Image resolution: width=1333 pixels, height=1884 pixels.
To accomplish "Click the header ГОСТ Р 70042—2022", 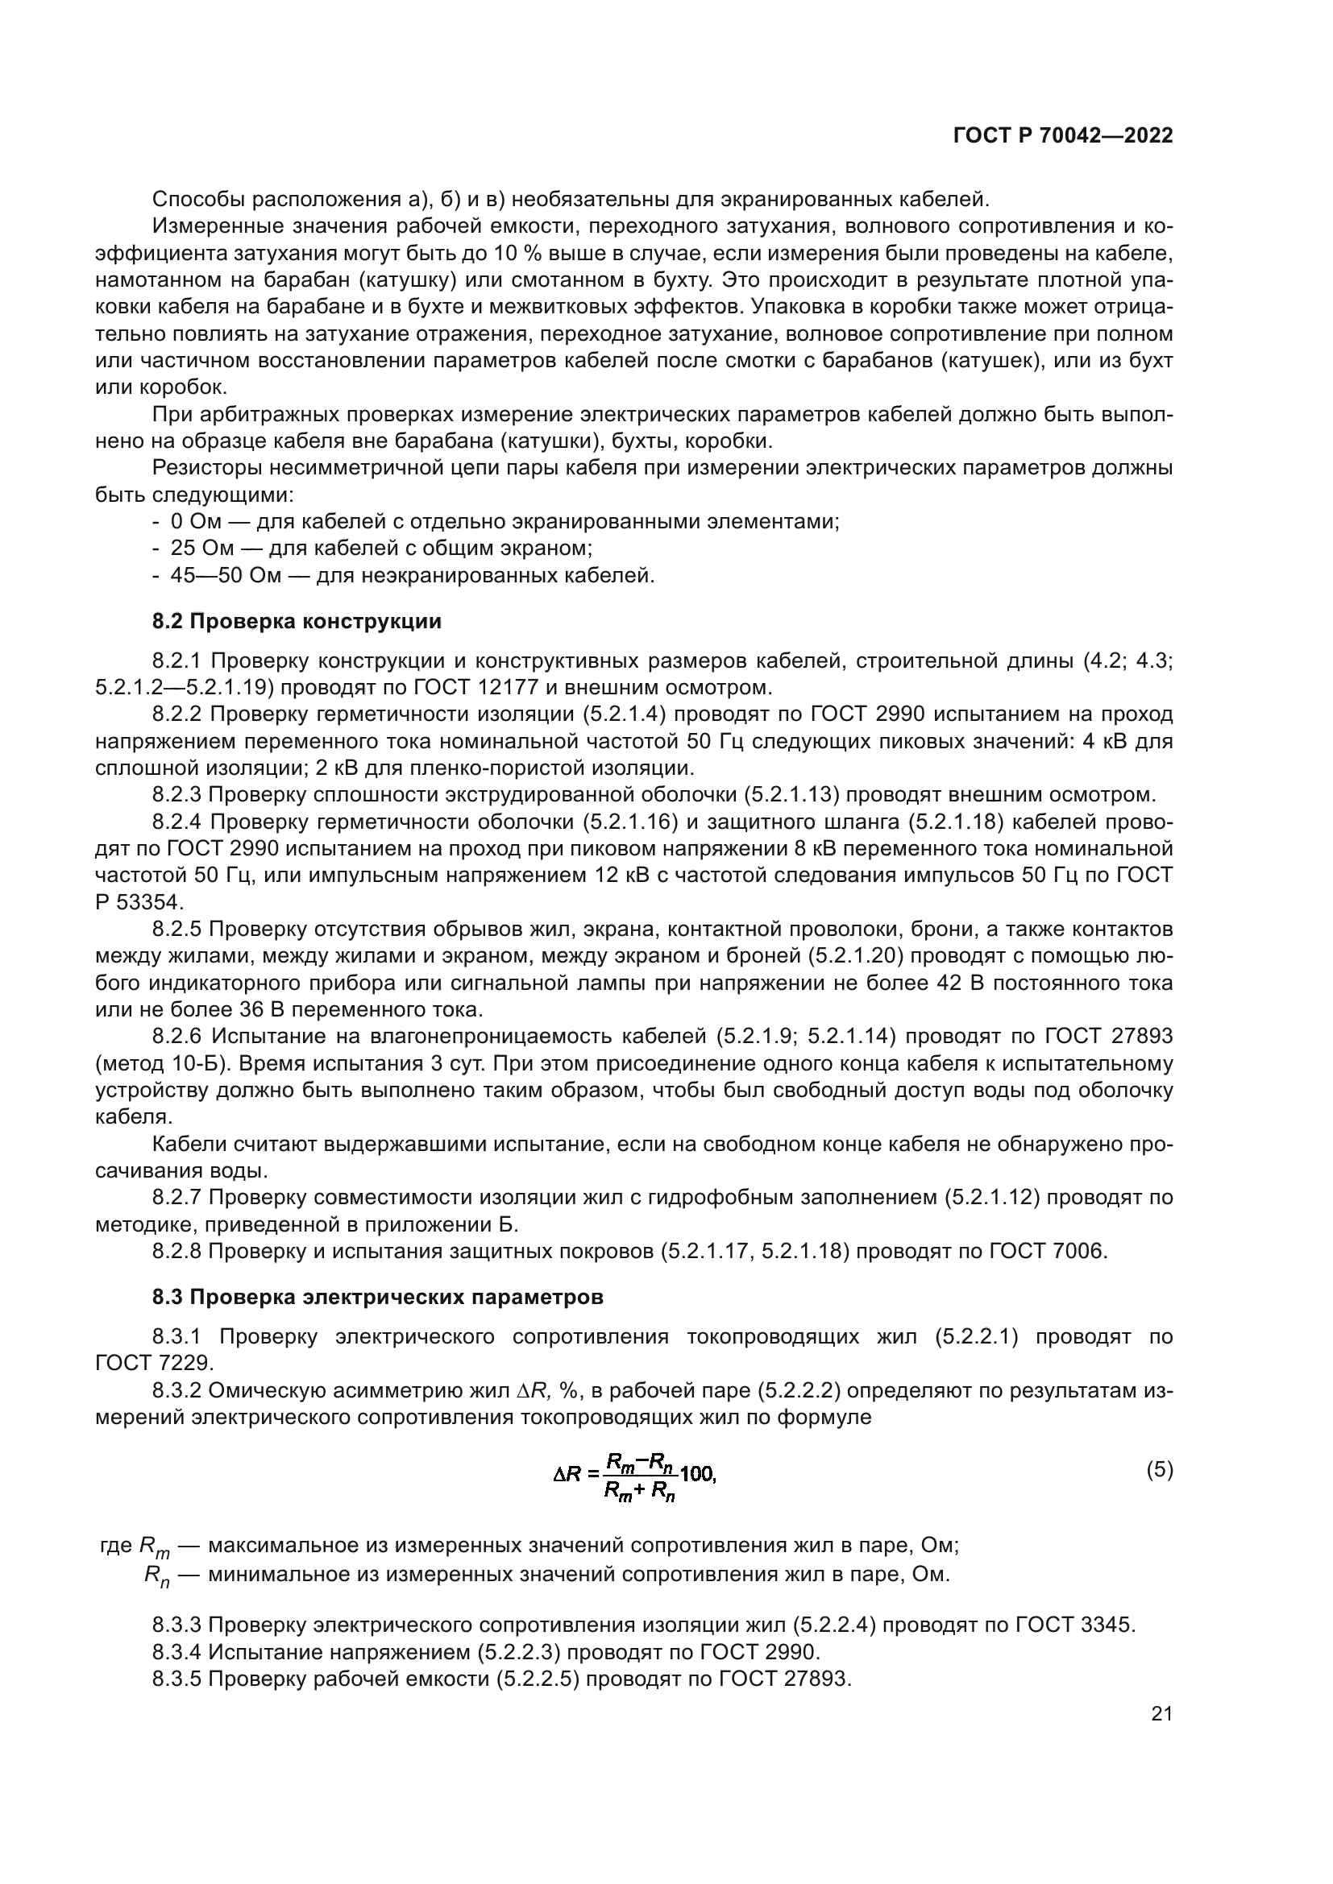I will coord(1062,136).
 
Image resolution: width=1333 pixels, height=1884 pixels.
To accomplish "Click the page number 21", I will coord(1161,1714).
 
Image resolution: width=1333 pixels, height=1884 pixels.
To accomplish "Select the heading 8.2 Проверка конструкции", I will coord(297,622).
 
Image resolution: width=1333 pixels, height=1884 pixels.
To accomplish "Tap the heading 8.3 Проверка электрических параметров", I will coord(377,1298).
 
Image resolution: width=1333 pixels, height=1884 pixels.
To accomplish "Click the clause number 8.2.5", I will coord(176,930).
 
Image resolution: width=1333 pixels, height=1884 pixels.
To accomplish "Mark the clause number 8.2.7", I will coord(176,1197).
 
